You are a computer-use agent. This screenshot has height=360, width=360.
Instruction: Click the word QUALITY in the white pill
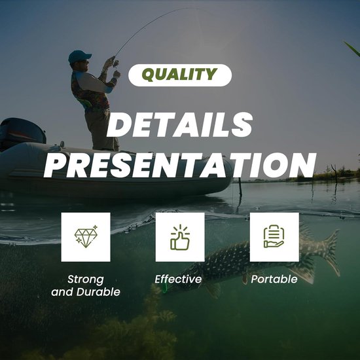179,75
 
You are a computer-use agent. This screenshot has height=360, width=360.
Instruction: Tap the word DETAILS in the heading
180,125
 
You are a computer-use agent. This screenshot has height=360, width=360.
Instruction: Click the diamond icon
86,236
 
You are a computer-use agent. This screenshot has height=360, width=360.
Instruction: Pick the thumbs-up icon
180,237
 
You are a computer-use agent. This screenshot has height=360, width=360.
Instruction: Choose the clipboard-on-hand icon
274,236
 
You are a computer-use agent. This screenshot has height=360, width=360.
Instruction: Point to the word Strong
86,280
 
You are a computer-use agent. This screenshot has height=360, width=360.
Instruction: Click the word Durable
98,292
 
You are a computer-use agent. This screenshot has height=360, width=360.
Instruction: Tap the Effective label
178,279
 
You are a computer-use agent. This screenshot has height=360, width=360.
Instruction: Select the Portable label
274,279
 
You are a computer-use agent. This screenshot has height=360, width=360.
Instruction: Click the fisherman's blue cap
79,56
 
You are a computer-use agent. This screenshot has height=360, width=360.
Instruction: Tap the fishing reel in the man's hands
115,63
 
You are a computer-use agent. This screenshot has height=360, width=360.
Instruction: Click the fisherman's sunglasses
84,62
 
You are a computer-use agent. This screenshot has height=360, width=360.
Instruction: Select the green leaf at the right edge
352,48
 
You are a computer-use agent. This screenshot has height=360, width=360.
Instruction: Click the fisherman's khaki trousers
101,130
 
